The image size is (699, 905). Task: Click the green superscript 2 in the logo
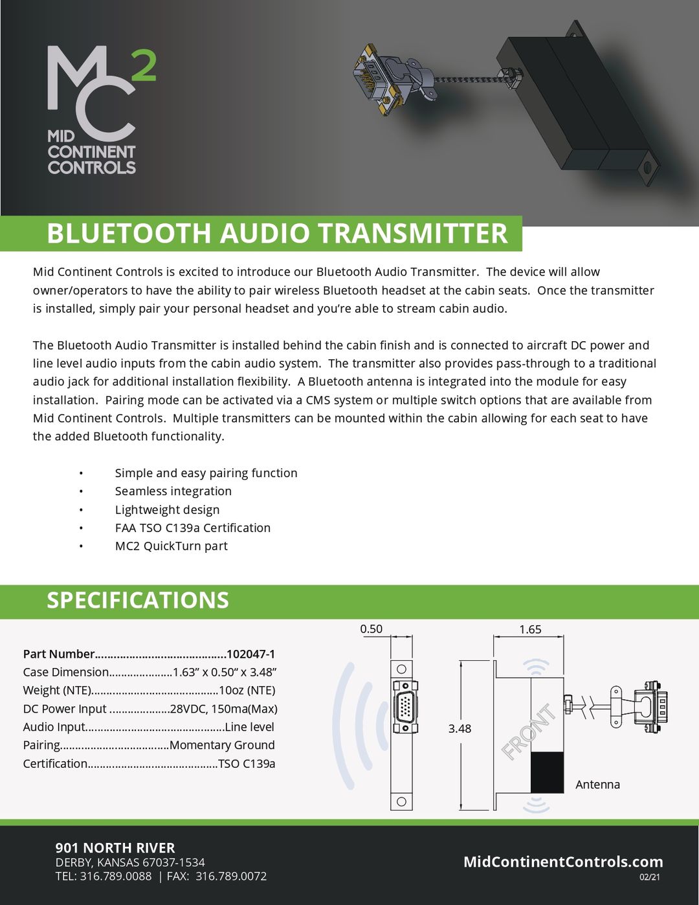click(x=144, y=67)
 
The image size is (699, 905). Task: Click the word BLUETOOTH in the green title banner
click(x=129, y=234)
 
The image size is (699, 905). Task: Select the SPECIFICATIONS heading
click(x=138, y=600)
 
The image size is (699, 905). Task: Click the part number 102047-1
click(x=250, y=654)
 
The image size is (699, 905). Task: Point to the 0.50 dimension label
click(x=371, y=629)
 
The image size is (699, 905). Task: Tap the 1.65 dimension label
click(x=530, y=629)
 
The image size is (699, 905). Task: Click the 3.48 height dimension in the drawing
click(x=460, y=729)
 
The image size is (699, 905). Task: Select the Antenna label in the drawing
click(x=597, y=785)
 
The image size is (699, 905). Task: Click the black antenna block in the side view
click(x=547, y=772)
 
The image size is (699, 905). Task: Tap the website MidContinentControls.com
click(x=563, y=862)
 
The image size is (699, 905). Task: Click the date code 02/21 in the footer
click(x=650, y=878)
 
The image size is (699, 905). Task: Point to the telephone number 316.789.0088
click(x=116, y=877)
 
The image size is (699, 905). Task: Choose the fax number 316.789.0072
click(x=231, y=877)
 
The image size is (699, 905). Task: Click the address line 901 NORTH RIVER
click(x=115, y=848)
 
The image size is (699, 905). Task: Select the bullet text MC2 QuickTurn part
click(x=172, y=546)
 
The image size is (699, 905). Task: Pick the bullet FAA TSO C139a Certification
click(x=193, y=528)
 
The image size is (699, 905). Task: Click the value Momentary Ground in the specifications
click(x=222, y=745)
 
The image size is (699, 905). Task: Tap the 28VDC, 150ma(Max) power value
click(x=223, y=709)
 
